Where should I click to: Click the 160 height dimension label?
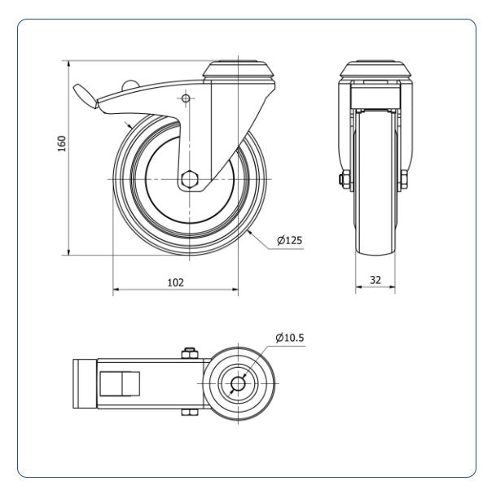[x=62, y=143]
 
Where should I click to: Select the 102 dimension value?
[x=175, y=282]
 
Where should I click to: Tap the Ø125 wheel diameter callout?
[x=289, y=240]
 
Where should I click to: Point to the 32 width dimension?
[x=375, y=280]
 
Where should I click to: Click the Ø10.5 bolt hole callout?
[x=289, y=338]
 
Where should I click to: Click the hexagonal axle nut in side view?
[x=189, y=180]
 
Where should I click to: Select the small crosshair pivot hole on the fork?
[x=186, y=98]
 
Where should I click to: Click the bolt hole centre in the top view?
[x=238, y=383]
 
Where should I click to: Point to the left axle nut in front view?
[x=345, y=180]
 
